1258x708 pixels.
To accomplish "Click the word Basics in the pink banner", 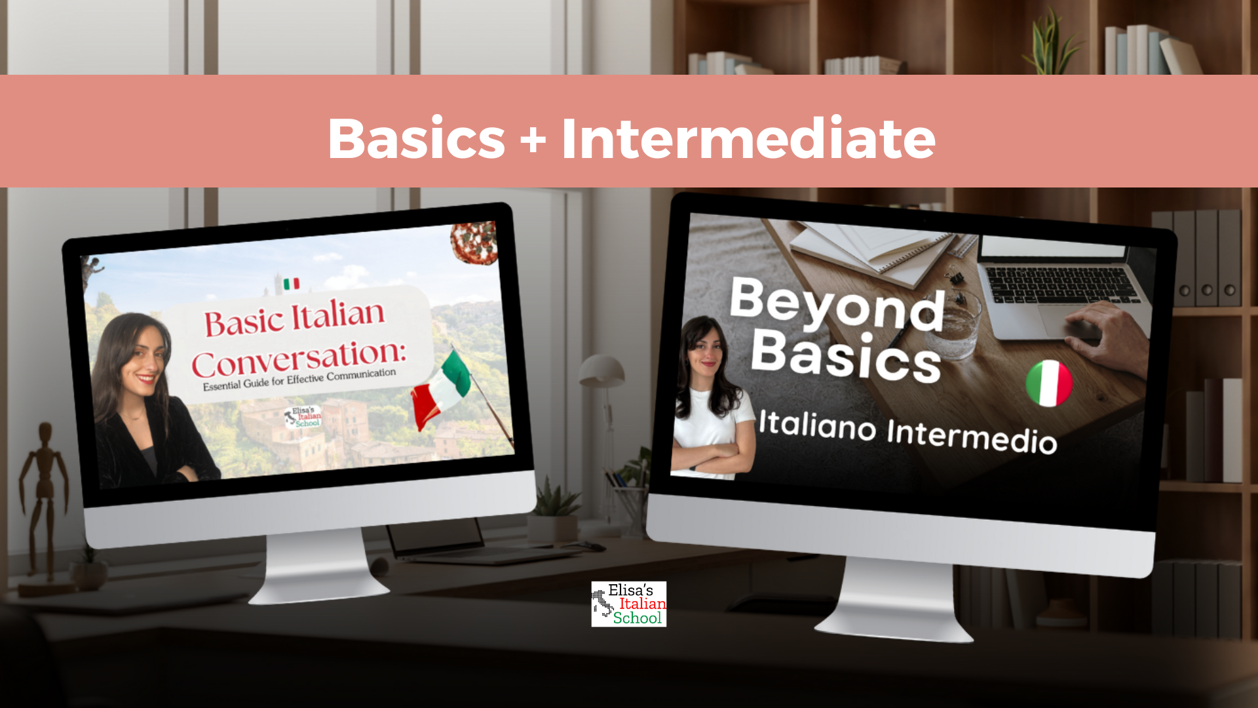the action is point(417,138).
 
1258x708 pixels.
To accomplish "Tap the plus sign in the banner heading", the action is point(533,140).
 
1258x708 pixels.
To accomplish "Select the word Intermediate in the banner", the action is point(748,138).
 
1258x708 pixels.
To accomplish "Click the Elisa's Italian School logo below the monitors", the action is point(629,604).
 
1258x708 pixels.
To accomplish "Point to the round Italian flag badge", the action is point(1049,383).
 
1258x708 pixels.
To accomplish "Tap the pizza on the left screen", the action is point(474,243).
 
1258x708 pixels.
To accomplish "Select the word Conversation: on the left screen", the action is point(299,358).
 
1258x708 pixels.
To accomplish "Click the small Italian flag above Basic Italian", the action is point(291,284).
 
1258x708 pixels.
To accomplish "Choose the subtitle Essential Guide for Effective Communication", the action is point(299,379).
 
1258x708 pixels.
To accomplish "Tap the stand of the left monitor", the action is point(319,567).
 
